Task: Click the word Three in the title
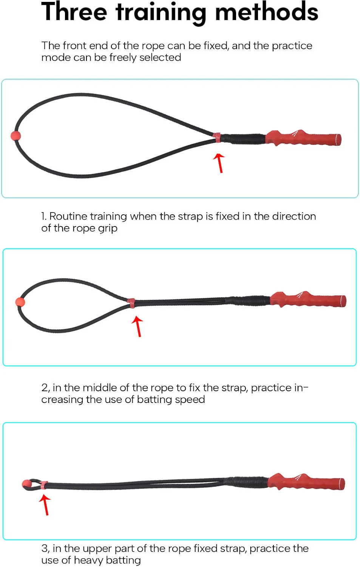tap(74, 12)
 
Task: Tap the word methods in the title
tap(267, 11)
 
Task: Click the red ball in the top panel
tap(16, 136)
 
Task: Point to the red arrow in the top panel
tap(219, 163)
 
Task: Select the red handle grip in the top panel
tap(303, 138)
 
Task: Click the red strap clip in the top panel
tap(216, 138)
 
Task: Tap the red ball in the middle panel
tap(20, 302)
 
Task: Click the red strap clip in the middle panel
tap(131, 303)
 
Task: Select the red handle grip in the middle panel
tap(308, 299)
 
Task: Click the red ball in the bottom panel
tap(26, 484)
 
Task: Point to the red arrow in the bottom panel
tap(45, 505)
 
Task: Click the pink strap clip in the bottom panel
tap(44, 485)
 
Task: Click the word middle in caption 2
tap(100, 388)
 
